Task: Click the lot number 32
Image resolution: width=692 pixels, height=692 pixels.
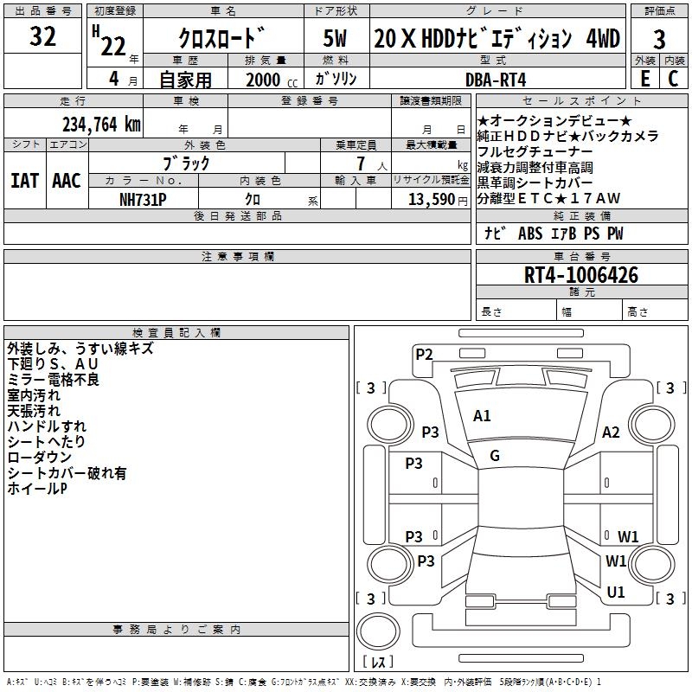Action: pos(42,36)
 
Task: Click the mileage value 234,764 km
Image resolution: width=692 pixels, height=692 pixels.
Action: pos(101,125)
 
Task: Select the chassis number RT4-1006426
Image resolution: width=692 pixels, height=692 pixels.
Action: pos(580,275)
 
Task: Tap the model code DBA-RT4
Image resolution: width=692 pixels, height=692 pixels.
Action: pos(496,80)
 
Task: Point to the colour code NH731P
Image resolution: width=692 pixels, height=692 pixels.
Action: pos(143,200)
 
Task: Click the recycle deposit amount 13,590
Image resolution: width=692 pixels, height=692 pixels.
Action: pos(432,200)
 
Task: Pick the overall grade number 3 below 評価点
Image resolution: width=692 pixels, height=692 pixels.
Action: pos(659,39)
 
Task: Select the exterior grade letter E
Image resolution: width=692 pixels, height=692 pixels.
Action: pos(644,79)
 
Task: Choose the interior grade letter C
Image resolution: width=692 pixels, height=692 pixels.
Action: pos(673,79)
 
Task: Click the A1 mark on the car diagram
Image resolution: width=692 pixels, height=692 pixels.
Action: pos(482,416)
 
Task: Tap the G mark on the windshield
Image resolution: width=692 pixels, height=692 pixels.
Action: pos(495,456)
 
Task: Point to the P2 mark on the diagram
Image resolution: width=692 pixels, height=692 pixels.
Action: pos(424,354)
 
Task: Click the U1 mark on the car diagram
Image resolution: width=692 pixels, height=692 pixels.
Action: pos(616,592)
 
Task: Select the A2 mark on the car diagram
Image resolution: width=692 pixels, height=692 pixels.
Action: pos(611,432)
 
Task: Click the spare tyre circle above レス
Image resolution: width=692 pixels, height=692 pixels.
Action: pos(378,631)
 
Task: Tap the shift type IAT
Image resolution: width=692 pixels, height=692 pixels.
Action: pos(24,181)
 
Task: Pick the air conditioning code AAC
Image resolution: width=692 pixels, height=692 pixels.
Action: pos(67,181)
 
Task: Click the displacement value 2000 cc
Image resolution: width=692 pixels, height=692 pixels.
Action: pos(272,80)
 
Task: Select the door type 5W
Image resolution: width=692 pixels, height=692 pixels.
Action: pos(335,38)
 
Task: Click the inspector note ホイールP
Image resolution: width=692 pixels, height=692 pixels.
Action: pos(37,489)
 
